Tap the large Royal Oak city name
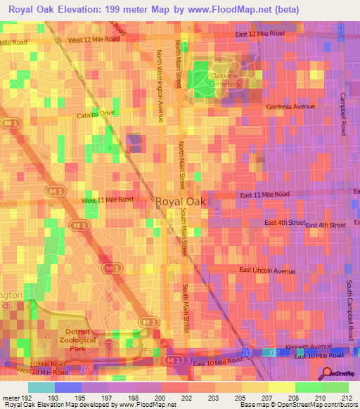pyautogui.click(x=177, y=202)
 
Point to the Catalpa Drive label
pyautogui.click(x=96, y=112)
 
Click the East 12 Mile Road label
pyautogui.click(x=260, y=34)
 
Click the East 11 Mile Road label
pyautogui.click(x=264, y=194)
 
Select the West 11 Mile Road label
pyautogui.click(x=108, y=200)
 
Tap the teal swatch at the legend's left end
pyautogui.click(x=41, y=387)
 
